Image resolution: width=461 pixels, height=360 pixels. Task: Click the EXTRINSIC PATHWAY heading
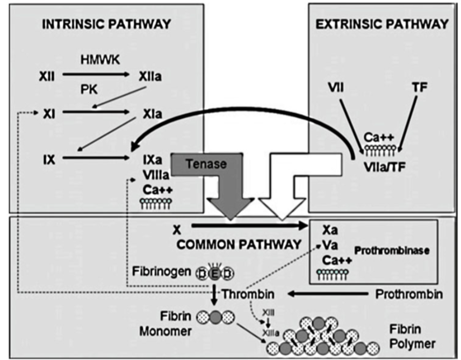pos(381,24)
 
